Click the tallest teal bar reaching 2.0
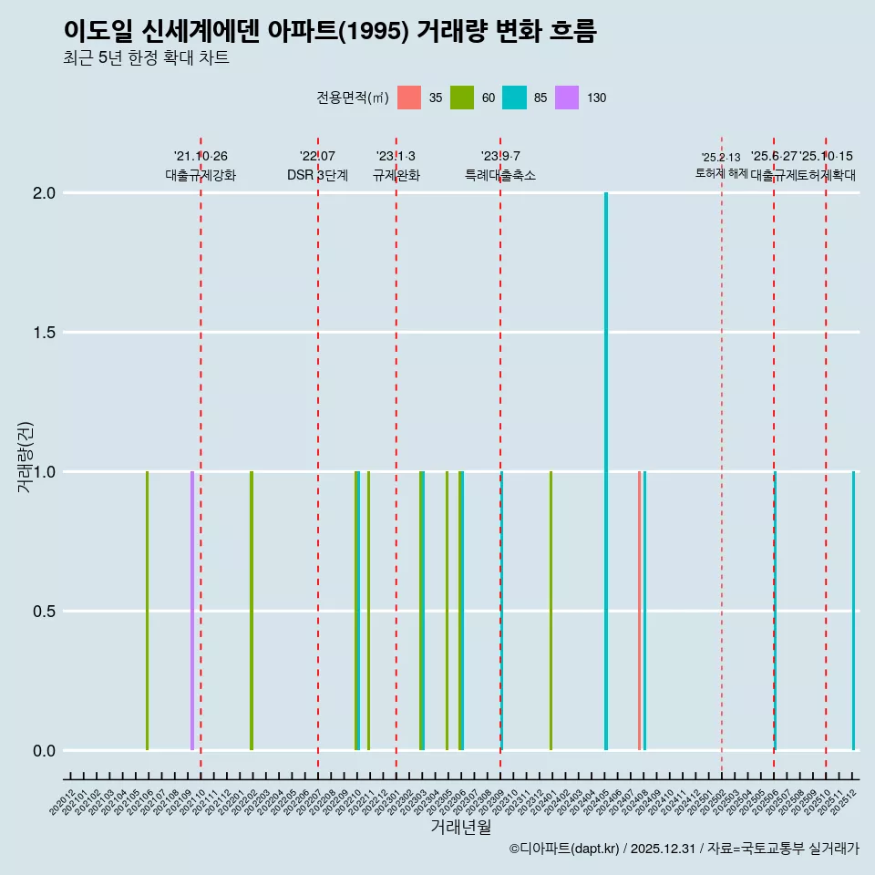point(606,471)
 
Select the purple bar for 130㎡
point(192,611)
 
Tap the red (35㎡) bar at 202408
point(640,611)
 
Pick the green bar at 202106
point(147,611)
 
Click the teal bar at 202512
point(854,611)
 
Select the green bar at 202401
point(551,611)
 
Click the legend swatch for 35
point(409,98)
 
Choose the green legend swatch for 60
point(462,98)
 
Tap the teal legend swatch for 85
point(514,98)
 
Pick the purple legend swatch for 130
point(567,98)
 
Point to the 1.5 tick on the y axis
point(45,333)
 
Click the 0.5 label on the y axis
point(45,612)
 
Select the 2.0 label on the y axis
point(45,193)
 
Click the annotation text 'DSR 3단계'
point(317,175)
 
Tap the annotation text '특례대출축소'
point(500,175)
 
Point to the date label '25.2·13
point(721,157)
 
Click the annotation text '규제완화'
point(396,175)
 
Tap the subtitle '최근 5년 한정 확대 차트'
point(146,58)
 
